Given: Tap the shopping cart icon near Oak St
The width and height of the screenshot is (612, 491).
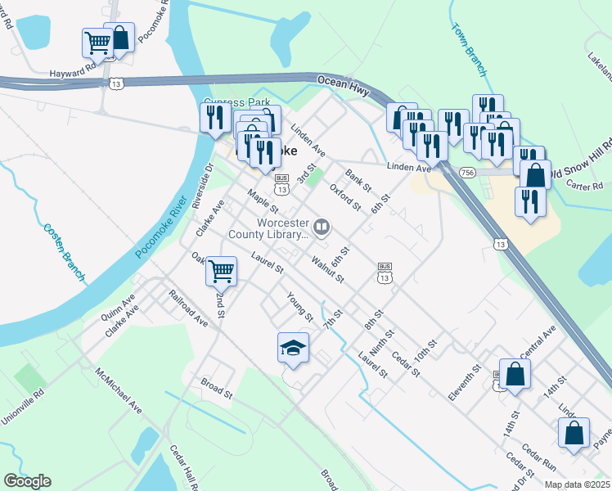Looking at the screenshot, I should (x=221, y=270).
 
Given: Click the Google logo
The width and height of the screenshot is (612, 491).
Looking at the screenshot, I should (x=27, y=481).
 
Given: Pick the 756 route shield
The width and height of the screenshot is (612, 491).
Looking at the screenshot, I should (x=467, y=173).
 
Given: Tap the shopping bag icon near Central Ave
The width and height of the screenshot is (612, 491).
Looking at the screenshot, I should (x=516, y=374).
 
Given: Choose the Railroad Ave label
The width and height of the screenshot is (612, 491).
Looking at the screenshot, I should (x=188, y=308).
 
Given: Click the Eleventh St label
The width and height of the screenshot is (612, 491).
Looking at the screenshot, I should (x=462, y=383).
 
